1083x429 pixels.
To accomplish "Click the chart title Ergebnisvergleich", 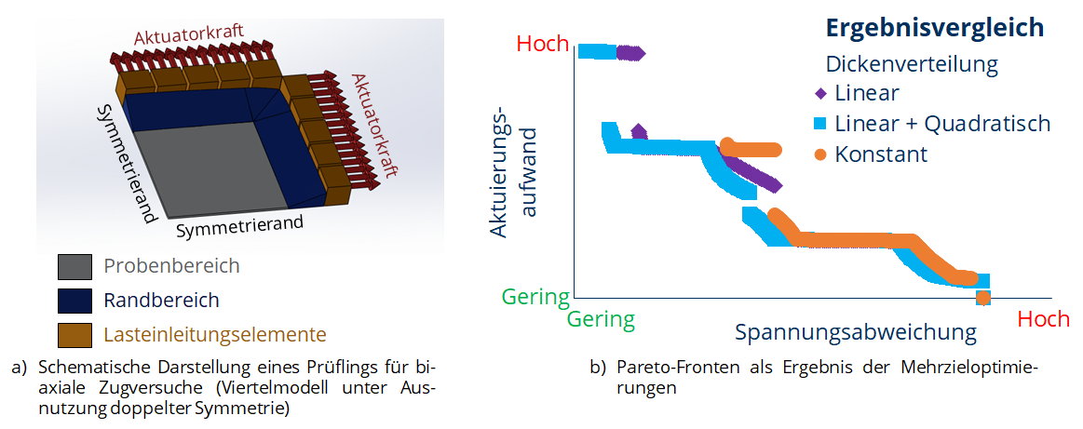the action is tap(935, 28).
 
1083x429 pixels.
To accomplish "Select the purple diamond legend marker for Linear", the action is tap(820, 93).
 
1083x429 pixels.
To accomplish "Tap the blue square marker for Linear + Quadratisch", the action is tap(820, 124).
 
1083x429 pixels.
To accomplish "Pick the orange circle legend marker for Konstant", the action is tap(820, 154).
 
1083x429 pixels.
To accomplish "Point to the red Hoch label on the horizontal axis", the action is tap(1044, 319).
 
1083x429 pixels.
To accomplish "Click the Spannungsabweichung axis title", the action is tap(856, 332).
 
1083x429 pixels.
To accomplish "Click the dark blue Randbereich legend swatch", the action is tap(74, 301).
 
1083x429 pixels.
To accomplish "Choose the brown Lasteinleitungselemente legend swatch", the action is tap(74, 335).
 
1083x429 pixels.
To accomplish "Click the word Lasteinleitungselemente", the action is tap(215, 335).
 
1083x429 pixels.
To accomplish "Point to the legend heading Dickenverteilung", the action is tap(913, 65).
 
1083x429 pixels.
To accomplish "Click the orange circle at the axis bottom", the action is tap(982, 298).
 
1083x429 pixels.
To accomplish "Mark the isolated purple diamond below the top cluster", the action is tap(639, 130).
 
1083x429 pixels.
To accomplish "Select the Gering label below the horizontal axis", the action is tap(601, 319).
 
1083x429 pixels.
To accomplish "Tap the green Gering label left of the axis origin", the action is tap(535, 297).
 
